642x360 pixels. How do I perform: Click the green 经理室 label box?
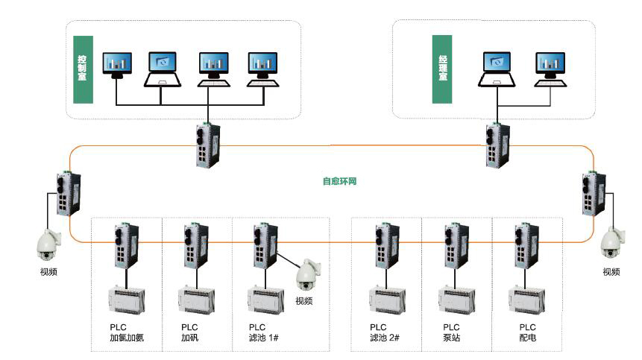[x=441, y=69]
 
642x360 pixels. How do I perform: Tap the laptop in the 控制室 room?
[x=163, y=69]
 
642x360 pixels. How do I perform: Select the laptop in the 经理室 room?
[x=497, y=69]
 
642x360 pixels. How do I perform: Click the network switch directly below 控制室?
[x=204, y=145]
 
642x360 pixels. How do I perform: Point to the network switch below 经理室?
[x=494, y=145]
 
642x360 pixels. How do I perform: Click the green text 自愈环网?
[x=339, y=180]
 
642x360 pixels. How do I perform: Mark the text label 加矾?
[x=190, y=338]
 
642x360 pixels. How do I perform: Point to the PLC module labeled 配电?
[x=526, y=300]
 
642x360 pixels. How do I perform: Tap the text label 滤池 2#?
[x=385, y=338]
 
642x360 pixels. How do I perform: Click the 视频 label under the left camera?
[x=48, y=272]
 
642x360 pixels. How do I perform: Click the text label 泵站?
[x=452, y=338]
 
